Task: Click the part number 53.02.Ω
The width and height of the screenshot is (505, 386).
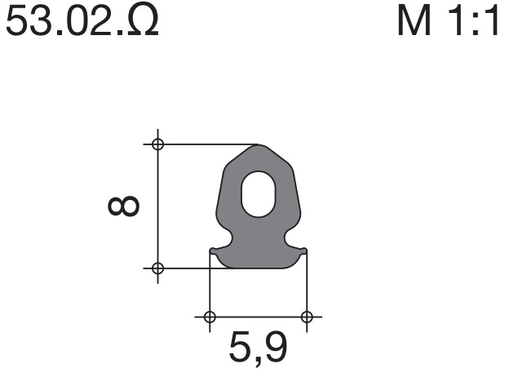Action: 82,20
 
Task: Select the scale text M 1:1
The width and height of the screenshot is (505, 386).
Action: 448,20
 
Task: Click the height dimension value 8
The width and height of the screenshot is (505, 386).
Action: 123,206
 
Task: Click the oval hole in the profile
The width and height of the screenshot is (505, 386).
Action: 259,194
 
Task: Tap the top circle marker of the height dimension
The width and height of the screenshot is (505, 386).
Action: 157,144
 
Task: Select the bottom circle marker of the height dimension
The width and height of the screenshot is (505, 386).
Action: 157,268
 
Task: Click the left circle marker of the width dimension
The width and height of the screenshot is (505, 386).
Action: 210,317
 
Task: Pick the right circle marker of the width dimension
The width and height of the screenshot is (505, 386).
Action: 307,317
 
